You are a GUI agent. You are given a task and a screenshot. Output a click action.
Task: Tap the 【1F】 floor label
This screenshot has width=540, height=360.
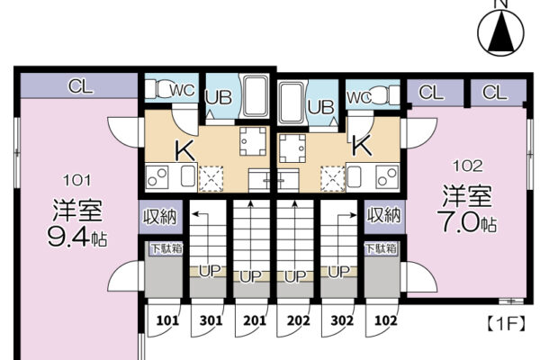point(506,324)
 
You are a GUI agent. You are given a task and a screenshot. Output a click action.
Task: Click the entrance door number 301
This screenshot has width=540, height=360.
point(211,320)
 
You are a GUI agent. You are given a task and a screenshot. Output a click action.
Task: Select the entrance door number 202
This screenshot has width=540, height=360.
point(298,320)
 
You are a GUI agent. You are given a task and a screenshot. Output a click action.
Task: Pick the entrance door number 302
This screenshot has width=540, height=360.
point(342,320)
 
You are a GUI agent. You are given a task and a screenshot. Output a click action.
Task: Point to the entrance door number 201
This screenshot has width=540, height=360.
point(255,320)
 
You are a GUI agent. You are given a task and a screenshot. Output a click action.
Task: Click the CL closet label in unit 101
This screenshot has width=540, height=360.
point(81,86)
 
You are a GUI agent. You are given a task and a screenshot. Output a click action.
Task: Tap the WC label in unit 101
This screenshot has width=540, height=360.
point(182,90)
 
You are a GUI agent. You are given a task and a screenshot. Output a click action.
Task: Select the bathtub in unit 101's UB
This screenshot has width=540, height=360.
point(256,96)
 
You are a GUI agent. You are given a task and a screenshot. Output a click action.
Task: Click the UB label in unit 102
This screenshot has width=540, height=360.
point(320,107)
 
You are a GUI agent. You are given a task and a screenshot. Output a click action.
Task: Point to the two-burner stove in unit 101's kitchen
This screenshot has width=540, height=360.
point(157,177)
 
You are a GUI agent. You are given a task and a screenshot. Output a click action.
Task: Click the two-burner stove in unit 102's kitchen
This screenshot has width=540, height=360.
point(387,177)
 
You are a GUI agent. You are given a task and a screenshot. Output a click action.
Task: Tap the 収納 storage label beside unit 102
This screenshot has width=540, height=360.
point(384,216)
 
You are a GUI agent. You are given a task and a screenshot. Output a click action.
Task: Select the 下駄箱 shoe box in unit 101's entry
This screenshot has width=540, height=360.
point(166,248)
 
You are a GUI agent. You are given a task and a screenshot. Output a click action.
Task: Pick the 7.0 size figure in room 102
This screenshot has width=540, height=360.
point(458,222)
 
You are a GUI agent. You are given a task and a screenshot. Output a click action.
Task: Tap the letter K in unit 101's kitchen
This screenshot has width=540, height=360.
point(185,151)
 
